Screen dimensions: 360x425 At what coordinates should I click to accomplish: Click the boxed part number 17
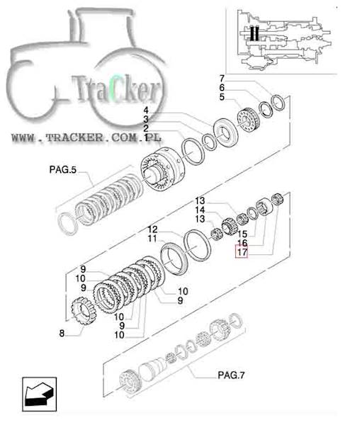[x=242, y=251]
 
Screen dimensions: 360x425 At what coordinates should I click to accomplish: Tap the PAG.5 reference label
[x=62, y=170]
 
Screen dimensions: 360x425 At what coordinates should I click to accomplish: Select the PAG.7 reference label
[x=231, y=375]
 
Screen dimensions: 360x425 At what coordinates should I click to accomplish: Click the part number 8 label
[x=62, y=333]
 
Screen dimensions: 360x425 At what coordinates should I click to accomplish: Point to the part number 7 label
[x=222, y=79]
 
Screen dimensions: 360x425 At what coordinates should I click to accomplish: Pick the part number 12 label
[x=152, y=229]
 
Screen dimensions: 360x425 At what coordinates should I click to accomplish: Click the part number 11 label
[x=152, y=239]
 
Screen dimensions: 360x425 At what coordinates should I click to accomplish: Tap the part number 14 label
[x=200, y=210]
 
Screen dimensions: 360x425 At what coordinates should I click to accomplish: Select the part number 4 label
[x=146, y=110]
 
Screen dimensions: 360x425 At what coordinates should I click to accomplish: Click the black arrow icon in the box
[x=39, y=394]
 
